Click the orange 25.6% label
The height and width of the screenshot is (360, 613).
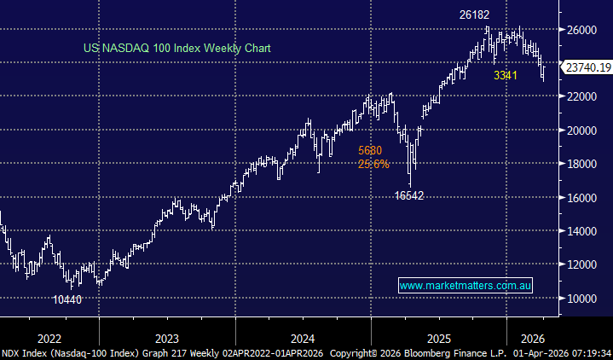tap(373, 164)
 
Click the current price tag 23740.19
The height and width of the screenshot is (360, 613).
tap(586, 66)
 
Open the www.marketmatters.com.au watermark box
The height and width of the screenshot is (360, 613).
tap(466, 286)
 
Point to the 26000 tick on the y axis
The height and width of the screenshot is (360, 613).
tap(581, 29)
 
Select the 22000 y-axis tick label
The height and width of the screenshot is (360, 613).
tap(581, 96)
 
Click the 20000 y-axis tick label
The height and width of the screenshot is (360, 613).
tap(581, 130)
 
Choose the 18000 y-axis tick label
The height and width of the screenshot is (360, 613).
tap(581, 164)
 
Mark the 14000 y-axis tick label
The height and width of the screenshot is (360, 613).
tap(581, 230)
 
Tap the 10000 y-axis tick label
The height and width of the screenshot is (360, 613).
tap(581, 298)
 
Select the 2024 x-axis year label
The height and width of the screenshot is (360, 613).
tap(303, 337)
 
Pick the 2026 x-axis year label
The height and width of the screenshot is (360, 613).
tap(533, 337)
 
